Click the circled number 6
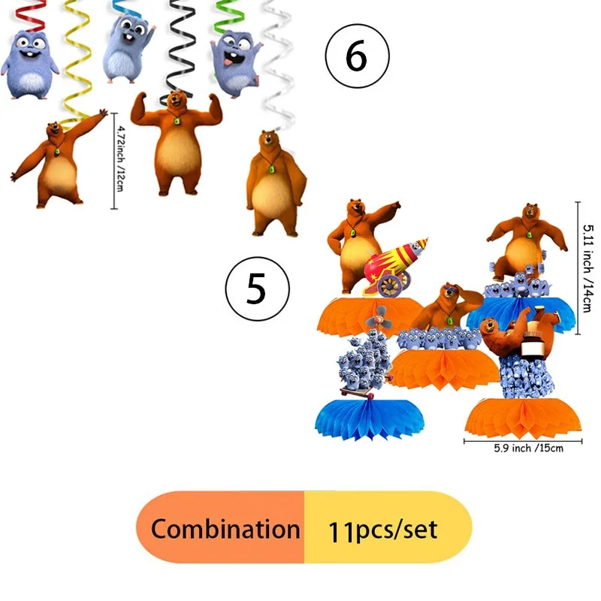[x=357, y=56]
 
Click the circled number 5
[x=257, y=288]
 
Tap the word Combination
[x=225, y=529]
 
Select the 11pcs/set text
[x=382, y=530]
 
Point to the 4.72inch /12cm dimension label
[x=120, y=159]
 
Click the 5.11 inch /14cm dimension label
[x=587, y=268]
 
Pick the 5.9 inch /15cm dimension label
[x=529, y=448]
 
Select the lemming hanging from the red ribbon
[x=29, y=65]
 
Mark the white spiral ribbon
[x=279, y=65]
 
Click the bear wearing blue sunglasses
[x=446, y=307]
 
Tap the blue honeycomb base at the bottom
[x=369, y=419]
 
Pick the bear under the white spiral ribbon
[x=276, y=183]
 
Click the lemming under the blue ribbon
[x=128, y=48]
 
